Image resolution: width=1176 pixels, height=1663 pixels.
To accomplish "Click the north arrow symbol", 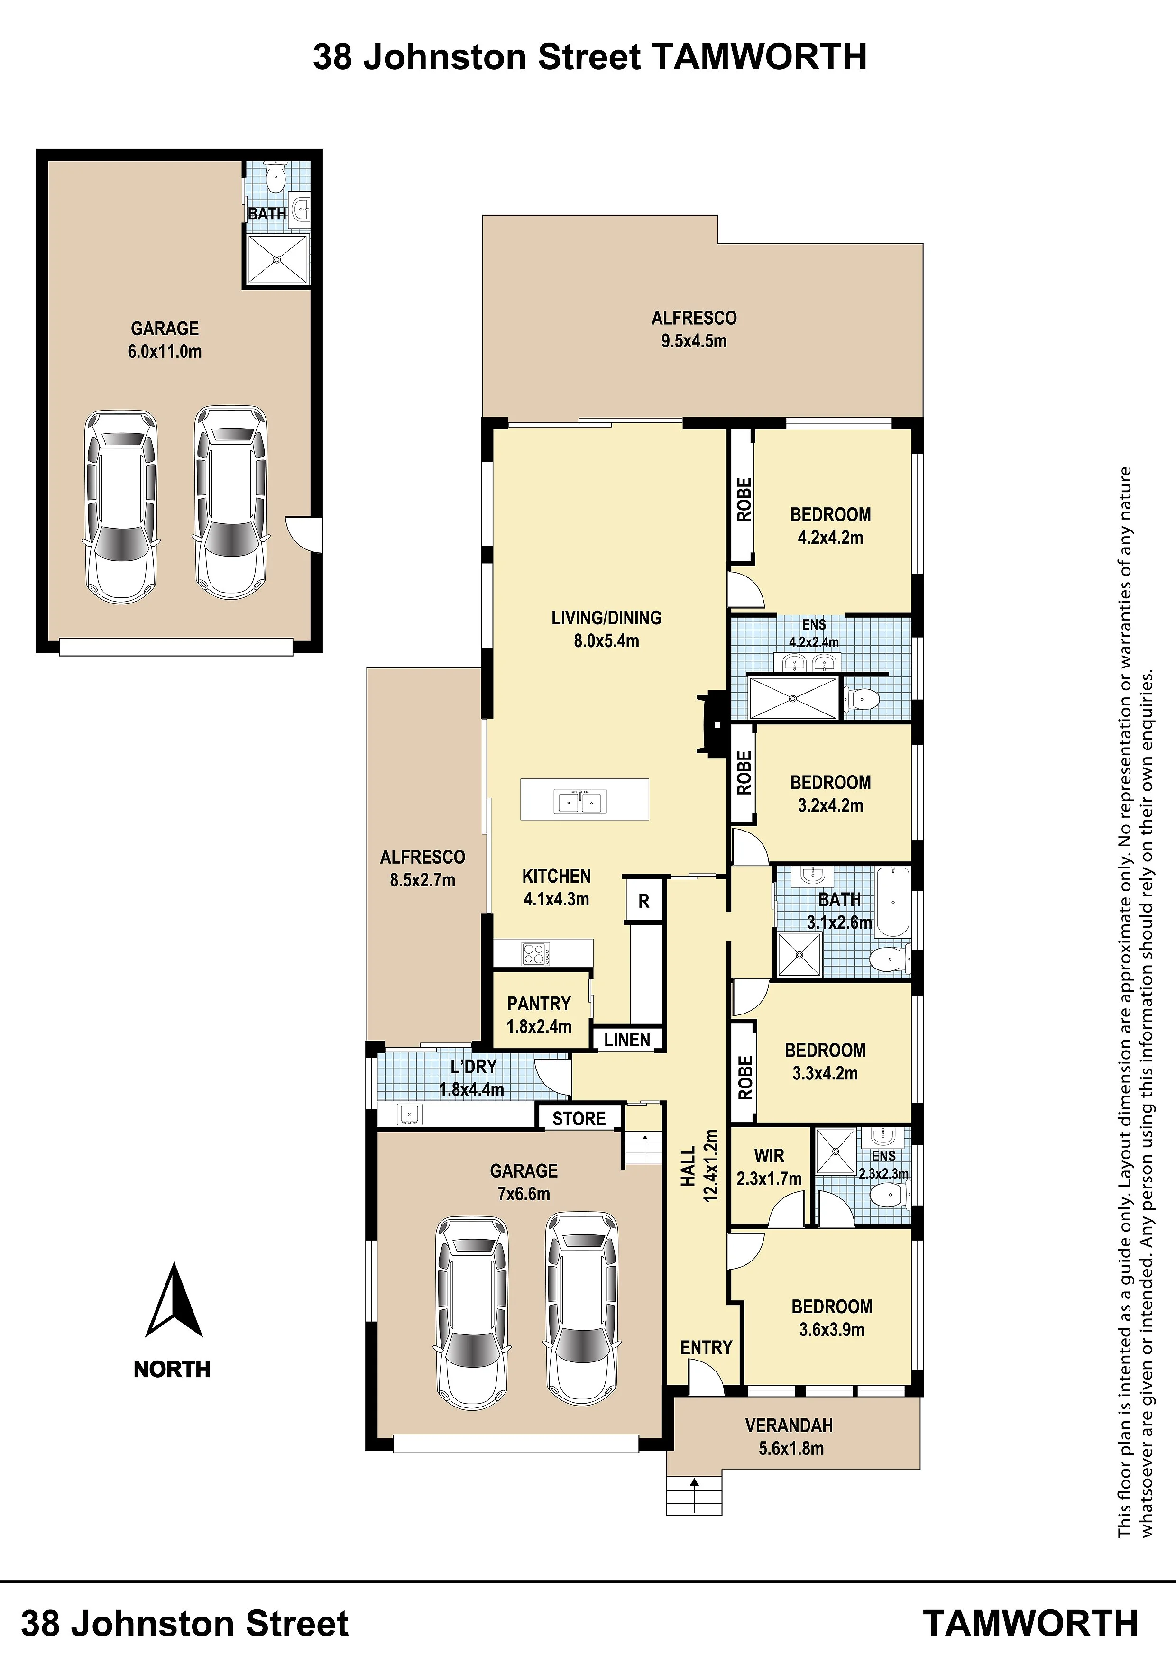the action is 174,1300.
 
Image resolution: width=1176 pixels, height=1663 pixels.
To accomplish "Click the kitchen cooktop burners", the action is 535,953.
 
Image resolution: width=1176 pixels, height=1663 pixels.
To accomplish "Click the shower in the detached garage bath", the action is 277,258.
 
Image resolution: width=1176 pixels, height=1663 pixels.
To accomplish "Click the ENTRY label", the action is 707,1347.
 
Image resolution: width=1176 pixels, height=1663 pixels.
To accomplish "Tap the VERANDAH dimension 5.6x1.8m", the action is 791,1449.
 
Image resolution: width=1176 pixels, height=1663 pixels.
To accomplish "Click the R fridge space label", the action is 643,902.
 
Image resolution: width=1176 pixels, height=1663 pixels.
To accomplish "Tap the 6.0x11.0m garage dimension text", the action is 165,352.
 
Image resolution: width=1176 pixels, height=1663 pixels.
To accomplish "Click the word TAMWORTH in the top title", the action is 759,57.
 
